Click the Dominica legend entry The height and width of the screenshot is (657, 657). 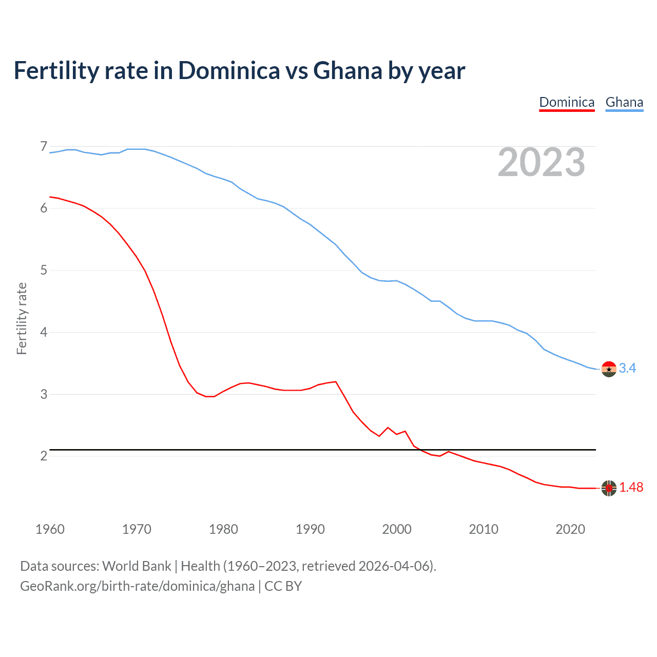pos(567,102)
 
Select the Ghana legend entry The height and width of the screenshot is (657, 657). pos(624,102)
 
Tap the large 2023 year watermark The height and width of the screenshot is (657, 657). pos(541,162)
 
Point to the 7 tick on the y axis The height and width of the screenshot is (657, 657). pos(44,147)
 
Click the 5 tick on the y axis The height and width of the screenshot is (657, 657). pos(44,270)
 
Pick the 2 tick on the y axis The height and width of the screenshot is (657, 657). pos(44,456)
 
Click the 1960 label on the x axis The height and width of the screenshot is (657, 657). pos(50,529)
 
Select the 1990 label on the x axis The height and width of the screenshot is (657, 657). pos(310,529)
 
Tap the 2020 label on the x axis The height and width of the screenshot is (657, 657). pos(570,529)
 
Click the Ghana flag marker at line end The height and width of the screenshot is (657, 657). pos(609,369)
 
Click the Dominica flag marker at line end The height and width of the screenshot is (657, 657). pos(609,488)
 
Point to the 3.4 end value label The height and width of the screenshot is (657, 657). pos(627,369)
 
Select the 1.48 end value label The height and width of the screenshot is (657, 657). pos(631,488)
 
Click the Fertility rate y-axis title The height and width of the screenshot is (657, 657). pos(22,318)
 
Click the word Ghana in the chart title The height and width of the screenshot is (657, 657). pos(347,71)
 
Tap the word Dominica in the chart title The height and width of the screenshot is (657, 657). pos(229,71)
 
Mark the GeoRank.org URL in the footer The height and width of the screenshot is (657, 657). pos(137,586)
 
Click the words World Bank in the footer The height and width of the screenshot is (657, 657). pos(137,566)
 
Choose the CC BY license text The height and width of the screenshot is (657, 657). pos(283,586)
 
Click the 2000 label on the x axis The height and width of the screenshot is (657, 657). pos(397,529)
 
